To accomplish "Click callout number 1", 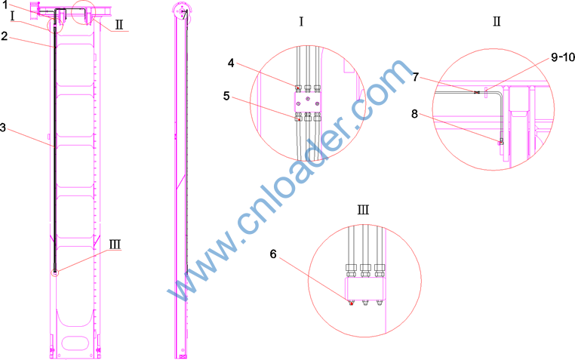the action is (5, 5).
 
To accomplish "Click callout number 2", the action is (4, 36).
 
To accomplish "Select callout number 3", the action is (3, 128).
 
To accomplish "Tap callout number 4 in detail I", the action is (231, 63).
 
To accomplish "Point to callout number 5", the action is (226, 96).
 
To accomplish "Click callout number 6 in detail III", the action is (273, 254).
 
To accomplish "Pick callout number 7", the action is (416, 77).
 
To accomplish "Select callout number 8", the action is (414, 114).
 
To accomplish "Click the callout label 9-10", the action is (562, 57).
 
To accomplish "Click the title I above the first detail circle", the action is (301, 22).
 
